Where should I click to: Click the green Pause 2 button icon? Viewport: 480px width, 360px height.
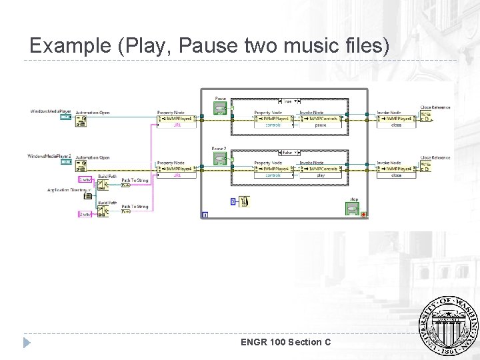pos(220,158)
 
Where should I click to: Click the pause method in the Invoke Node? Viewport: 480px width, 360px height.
pos(321,125)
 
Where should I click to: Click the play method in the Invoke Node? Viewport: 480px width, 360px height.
pos(321,175)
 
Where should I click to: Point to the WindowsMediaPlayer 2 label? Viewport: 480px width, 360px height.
pos(49,156)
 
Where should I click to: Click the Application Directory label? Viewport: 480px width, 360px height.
pos(68,190)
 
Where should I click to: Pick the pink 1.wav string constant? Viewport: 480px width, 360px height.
pos(85,179)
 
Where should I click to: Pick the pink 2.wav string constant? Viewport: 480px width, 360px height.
pos(85,214)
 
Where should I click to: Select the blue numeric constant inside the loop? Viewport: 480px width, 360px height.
pos(233,201)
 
